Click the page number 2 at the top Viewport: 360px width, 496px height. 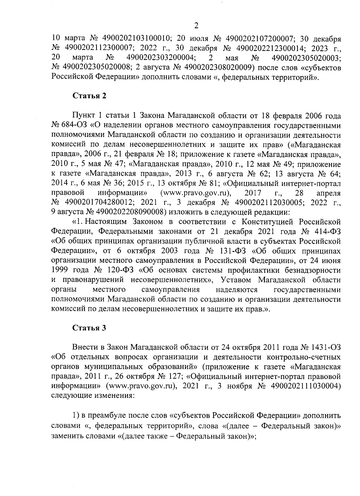point(196,26)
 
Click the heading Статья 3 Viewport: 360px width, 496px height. point(89,328)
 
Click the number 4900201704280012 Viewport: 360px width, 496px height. point(99,202)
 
